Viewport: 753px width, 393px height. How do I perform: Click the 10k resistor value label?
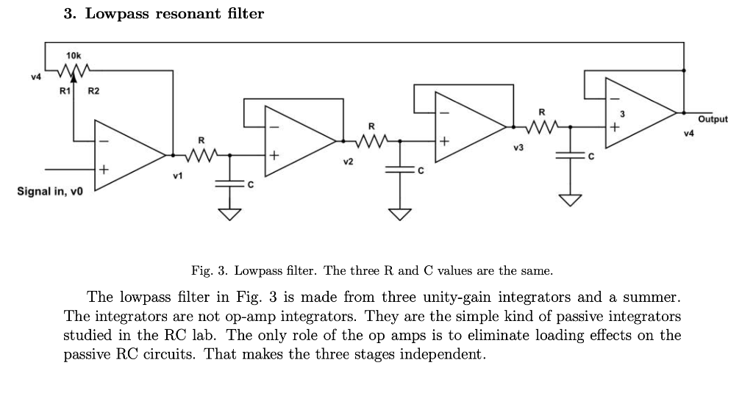pyautogui.click(x=74, y=55)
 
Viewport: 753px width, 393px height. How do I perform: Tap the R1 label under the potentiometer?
pyautogui.click(x=64, y=91)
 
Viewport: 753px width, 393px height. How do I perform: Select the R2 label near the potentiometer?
pyautogui.click(x=93, y=91)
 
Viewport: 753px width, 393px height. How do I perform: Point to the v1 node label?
pyautogui.click(x=176, y=177)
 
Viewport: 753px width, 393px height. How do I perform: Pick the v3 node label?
pyautogui.click(x=518, y=148)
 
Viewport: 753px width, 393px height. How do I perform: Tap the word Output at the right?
pyautogui.click(x=713, y=119)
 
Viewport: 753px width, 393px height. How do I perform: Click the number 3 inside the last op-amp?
pyautogui.click(x=621, y=115)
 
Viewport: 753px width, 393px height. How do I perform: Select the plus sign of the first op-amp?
pyautogui.click(x=104, y=170)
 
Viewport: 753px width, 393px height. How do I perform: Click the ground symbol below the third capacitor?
pyautogui.click(x=571, y=201)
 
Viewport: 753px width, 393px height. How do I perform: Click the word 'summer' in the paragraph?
pyautogui.click(x=643, y=298)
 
